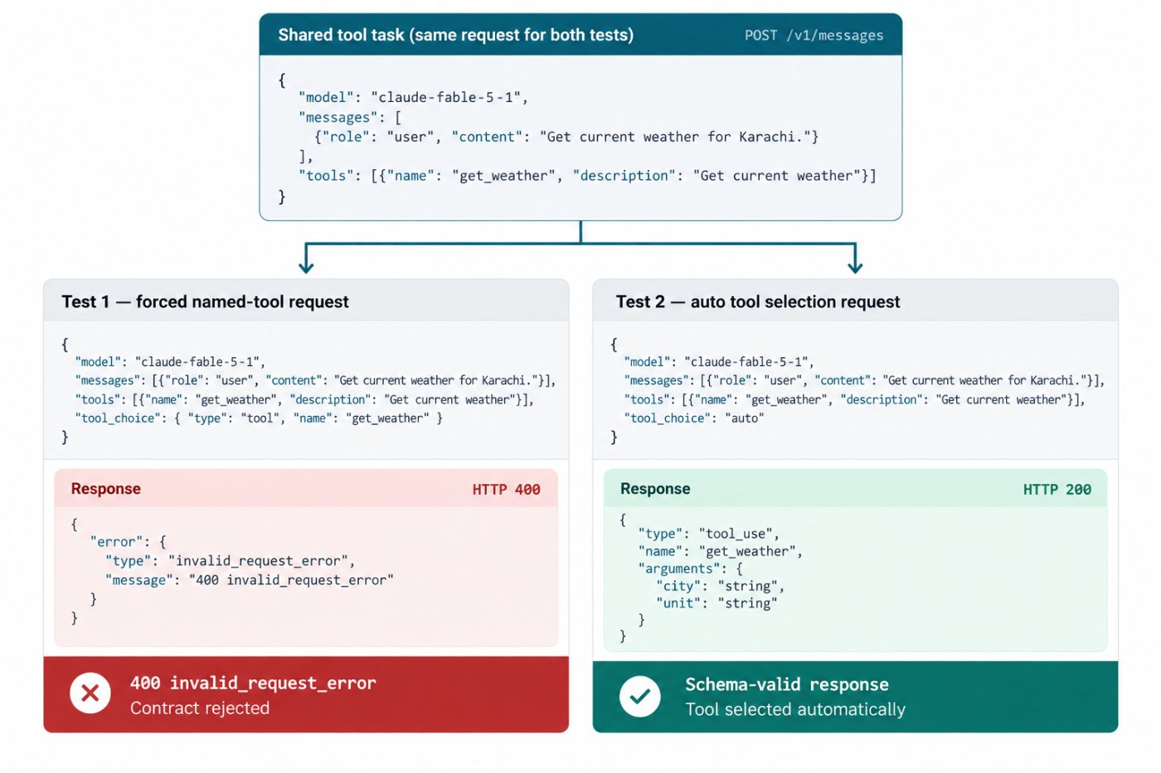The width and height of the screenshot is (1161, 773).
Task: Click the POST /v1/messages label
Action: (x=814, y=35)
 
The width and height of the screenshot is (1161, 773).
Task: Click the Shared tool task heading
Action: (x=455, y=35)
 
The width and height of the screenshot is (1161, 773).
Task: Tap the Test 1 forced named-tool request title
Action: (x=206, y=302)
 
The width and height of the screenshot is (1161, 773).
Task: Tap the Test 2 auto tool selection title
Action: (x=758, y=302)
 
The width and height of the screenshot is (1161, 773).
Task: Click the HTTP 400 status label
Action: (x=506, y=490)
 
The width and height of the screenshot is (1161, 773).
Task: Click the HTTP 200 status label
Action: (x=1057, y=490)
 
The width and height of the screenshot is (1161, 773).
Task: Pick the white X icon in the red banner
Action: (x=90, y=693)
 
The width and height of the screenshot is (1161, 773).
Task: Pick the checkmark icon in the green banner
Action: (x=639, y=697)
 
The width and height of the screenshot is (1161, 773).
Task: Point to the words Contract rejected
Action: (x=200, y=708)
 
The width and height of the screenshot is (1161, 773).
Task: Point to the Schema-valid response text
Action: (x=787, y=684)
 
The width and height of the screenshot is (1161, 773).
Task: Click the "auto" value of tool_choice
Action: (x=745, y=418)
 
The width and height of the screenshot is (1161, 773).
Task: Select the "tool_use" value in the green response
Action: (x=736, y=534)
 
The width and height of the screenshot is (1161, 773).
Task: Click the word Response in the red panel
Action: (x=106, y=489)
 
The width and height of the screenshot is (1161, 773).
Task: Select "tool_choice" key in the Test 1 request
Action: (x=114, y=418)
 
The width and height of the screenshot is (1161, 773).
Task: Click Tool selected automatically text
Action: (x=795, y=709)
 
